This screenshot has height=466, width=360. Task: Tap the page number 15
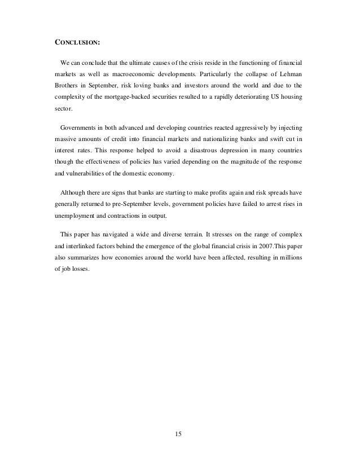tap(179, 434)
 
